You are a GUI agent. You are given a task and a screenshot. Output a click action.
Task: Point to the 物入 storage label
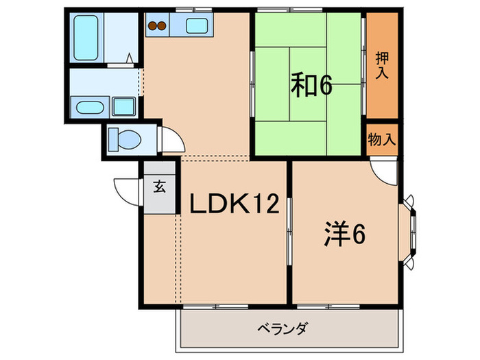(x=382, y=140)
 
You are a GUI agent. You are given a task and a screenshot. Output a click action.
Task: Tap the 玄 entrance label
(x=159, y=187)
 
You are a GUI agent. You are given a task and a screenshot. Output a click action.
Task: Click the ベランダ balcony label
(x=282, y=327)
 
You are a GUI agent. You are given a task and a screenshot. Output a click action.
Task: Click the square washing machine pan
(x=124, y=107)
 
